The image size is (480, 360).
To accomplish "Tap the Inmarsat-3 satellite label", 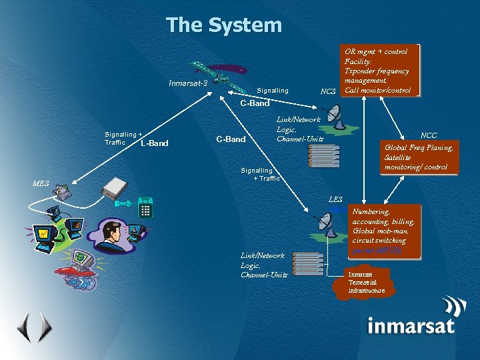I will tap(189, 83).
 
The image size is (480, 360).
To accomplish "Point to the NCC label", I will tap(429, 135).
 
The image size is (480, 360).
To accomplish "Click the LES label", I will tap(335, 199).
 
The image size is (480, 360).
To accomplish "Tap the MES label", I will tap(41, 183).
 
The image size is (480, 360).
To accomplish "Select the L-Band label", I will tap(155, 143).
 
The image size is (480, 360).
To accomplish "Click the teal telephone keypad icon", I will tap(146, 209).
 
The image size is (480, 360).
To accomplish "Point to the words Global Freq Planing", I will tap(419, 147).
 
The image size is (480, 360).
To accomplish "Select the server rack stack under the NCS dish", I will tap(323, 155).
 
